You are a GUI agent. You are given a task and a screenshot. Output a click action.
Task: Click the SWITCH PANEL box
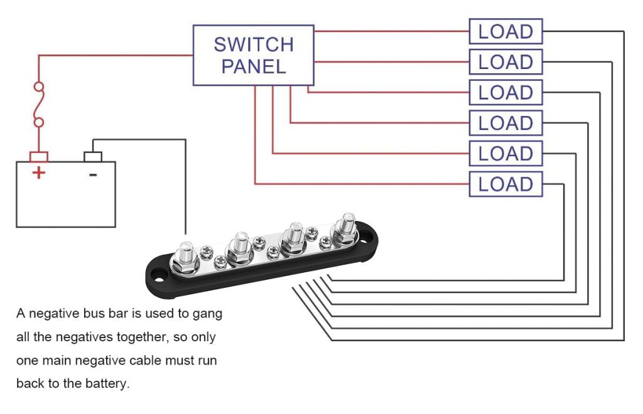click(x=252, y=55)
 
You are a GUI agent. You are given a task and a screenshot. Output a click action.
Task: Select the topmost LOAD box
click(x=505, y=31)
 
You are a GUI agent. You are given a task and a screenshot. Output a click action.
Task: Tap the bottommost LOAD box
click(x=505, y=184)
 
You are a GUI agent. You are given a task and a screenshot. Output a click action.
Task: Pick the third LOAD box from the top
click(x=505, y=93)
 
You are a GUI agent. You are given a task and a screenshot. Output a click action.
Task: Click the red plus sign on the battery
click(x=39, y=172)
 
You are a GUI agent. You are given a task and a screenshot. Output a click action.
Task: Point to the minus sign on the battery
click(x=93, y=174)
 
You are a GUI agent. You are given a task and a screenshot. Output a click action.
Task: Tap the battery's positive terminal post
click(x=39, y=156)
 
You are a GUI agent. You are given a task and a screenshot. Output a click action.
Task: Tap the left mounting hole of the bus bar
click(x=156, y=273)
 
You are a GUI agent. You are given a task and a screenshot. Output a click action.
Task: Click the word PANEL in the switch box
click(x=254, y=66)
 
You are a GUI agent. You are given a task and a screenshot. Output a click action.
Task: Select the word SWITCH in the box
click(x=254, y=45)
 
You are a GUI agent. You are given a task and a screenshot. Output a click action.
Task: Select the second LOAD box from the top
click(x=505, y=62)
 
